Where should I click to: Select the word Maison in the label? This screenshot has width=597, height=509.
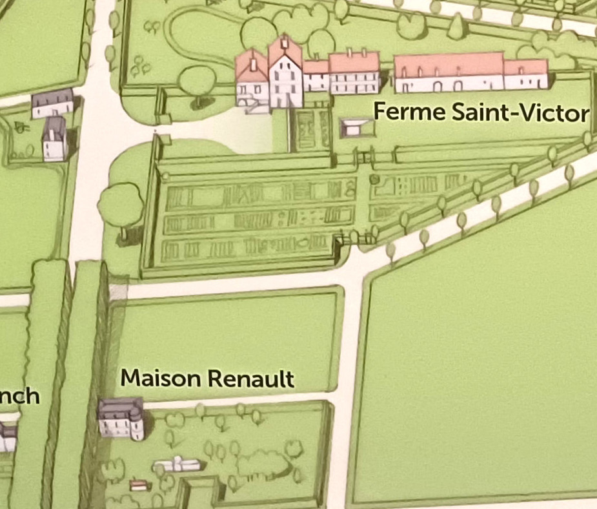(153, 377)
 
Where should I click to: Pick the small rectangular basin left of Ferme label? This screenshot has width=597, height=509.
(352, 128)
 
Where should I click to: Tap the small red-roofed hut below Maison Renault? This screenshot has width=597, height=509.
(137, 484)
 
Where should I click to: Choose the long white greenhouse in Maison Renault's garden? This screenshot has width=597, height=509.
(176, 464)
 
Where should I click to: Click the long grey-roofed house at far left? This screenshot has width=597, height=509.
(53, 103)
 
